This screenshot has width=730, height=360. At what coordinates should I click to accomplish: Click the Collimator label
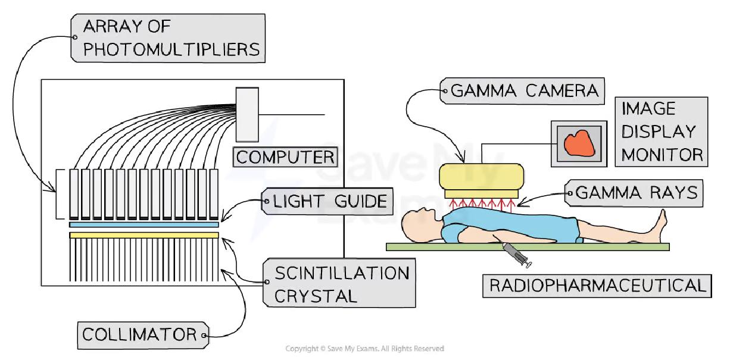click(x=142, y=334)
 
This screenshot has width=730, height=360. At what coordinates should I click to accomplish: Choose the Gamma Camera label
click(x=524, y=91)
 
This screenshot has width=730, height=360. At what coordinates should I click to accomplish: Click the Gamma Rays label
click(x=636, y=192)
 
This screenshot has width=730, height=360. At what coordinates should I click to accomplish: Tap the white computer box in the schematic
click(x=247, y=114)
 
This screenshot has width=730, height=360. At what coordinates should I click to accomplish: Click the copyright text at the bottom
click(x=364, y=349)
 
